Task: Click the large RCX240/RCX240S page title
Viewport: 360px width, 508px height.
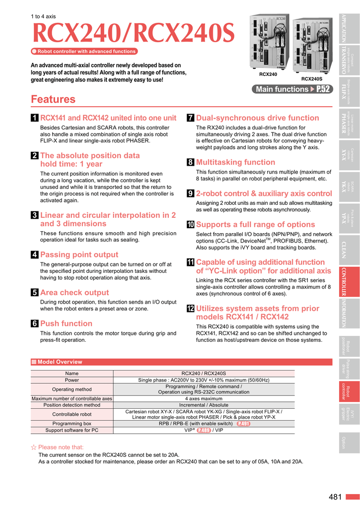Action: pos(133,34)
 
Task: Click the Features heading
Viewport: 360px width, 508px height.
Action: pos(53,99)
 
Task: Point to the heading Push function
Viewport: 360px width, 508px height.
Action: pos(66,323)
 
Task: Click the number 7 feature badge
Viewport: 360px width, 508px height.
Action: pos(190,118)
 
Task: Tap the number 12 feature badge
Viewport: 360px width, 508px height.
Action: pos(190,309)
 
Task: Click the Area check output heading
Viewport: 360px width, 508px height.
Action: pos(74,293)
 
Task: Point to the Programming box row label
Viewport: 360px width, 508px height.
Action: pos(72,424)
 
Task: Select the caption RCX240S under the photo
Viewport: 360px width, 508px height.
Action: pos(312,79)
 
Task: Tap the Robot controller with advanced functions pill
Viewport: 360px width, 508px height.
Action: pos(84,51)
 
